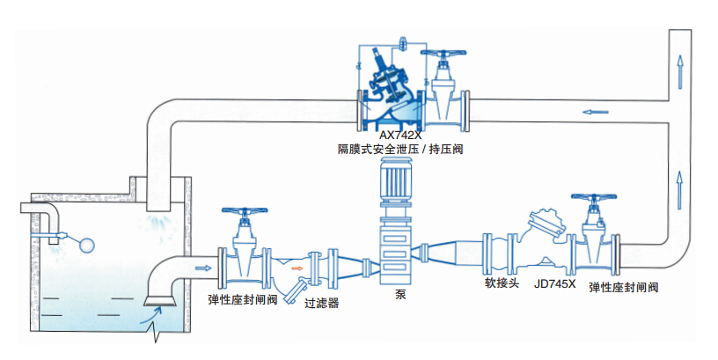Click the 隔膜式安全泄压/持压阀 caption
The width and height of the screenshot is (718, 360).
(400, 151)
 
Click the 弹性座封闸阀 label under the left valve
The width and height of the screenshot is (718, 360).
(244, 299)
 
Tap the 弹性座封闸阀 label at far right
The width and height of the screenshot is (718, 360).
(624, 287)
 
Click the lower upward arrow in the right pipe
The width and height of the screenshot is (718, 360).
(679, 186)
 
